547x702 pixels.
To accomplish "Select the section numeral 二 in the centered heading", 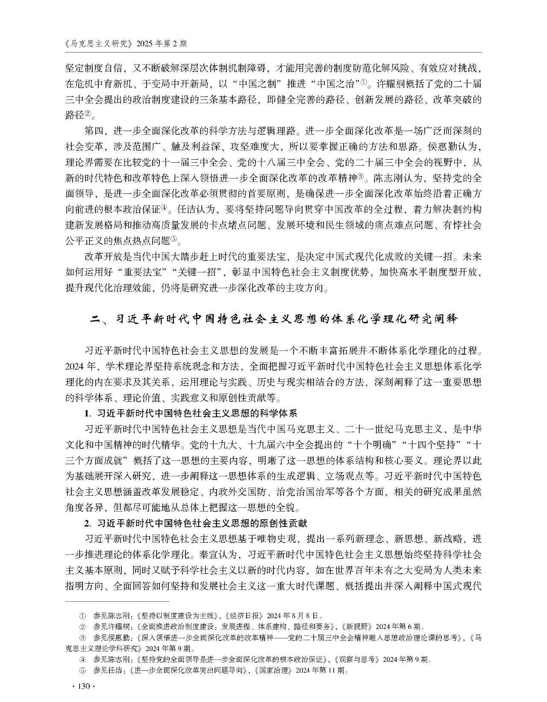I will [x=94, y=319].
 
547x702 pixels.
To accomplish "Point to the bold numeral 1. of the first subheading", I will [x=88, y=413].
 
